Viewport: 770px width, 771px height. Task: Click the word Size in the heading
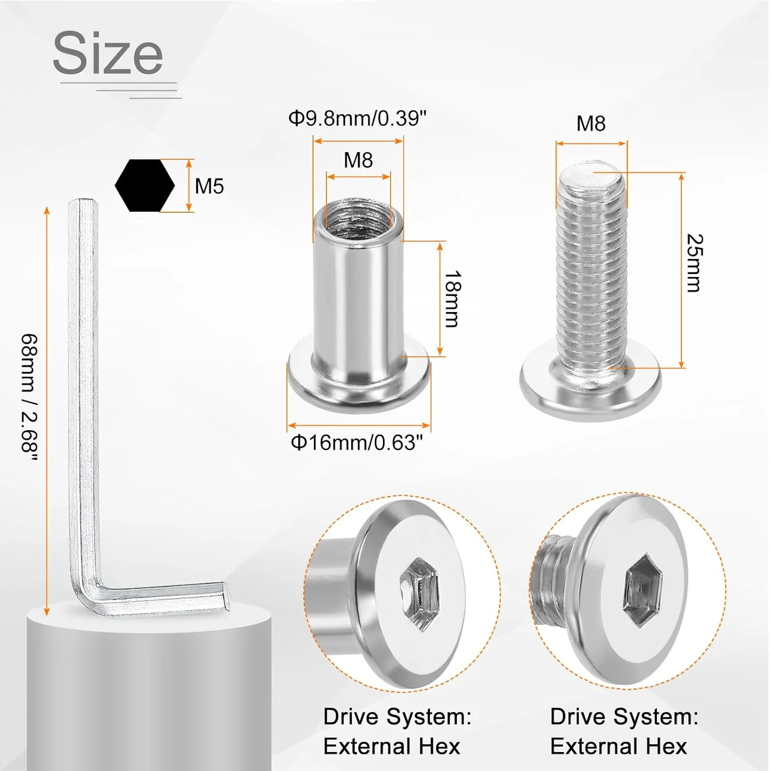(107, 53)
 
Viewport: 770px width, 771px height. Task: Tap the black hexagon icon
(144, 186)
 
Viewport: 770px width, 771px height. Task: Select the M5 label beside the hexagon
(209, 186)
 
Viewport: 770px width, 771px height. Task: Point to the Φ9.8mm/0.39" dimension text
(358, 119)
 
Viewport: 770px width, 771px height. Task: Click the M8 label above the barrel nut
(358, 160)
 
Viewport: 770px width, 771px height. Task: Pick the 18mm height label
(452, 299)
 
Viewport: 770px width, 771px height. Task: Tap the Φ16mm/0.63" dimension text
(357, 442)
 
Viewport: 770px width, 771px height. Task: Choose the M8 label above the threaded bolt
(591, 123)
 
